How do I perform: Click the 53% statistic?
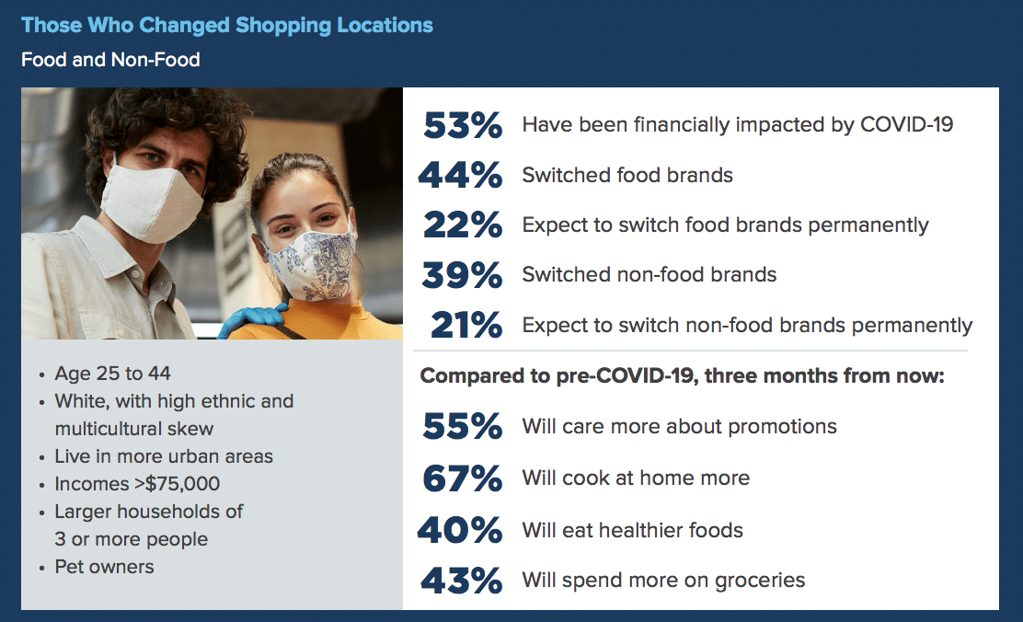[x=463, y=124]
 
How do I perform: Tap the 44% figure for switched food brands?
[x=461, y=175]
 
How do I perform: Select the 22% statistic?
[x=463, y=225]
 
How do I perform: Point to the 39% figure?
[x=462, y=275]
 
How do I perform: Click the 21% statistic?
[x=466, y=325]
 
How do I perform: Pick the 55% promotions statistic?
[x=462, y=426]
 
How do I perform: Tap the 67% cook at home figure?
[x=462, y=478]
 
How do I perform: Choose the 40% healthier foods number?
[x=460, y=530]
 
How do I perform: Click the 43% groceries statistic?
[x=461, y=581]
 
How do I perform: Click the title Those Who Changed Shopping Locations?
[x=227, y=26]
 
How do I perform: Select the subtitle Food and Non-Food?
[x=110, y=60]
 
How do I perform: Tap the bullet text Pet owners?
[x=104, y=567]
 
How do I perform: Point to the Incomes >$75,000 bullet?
[x=137, y=484]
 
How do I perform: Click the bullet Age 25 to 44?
[x=113, y=374]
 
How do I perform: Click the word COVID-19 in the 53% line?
[x=907, y=124]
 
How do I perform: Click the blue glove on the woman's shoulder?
[x=252, y=320]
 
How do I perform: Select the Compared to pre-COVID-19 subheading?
[x=682, y=376]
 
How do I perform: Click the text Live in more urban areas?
[x=164, y=456]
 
